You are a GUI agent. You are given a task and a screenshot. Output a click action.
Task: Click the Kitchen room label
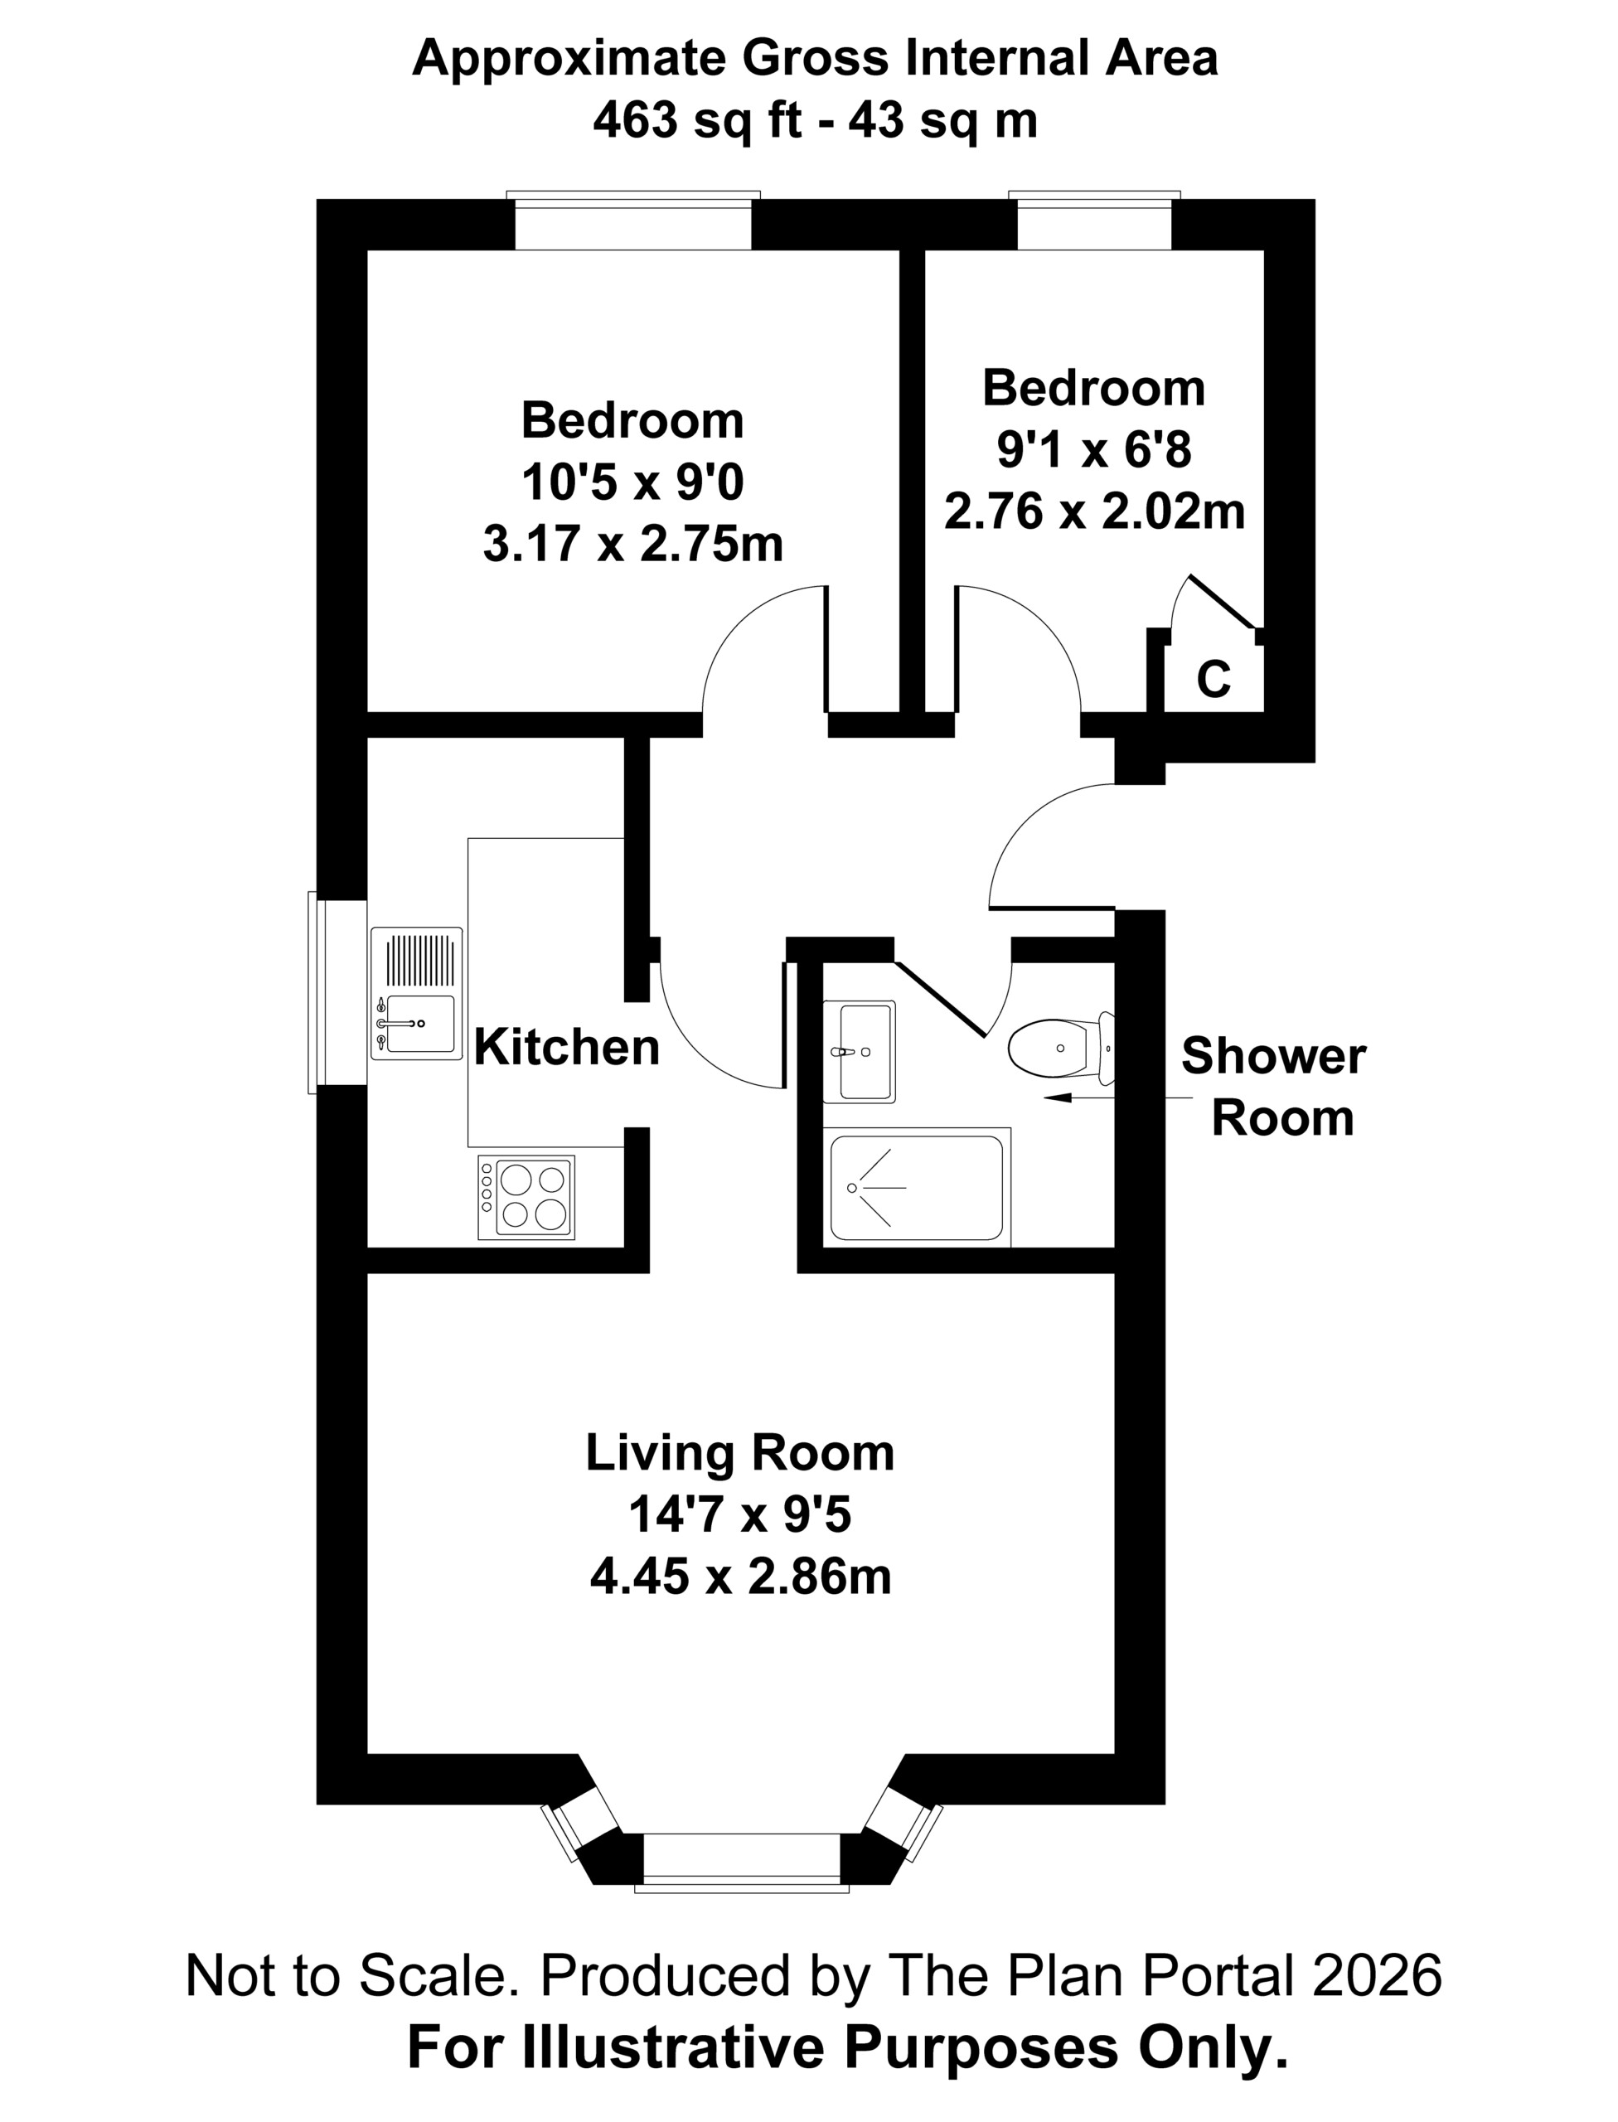(x=566, y=1047)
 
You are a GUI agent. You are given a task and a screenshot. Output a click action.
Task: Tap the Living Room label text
(x=739, y=1454)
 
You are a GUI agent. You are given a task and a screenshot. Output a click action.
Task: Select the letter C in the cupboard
(x=1213, y=679)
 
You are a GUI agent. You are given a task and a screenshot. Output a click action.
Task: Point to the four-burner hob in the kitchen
(x=526, y=1197)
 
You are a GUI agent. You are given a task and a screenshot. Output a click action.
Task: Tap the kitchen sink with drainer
(x=416, y=994)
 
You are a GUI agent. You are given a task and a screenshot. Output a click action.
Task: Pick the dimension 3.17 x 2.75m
(x=632, y=545)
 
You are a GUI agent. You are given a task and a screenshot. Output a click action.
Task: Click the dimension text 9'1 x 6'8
(x=1094, y=450)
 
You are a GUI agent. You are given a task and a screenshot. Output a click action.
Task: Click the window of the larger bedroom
(x=634, y=220)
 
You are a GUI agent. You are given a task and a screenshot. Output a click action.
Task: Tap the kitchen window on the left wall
(x=337, y=992)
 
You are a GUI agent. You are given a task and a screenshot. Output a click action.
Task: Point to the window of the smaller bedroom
(x=1094, y=220)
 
